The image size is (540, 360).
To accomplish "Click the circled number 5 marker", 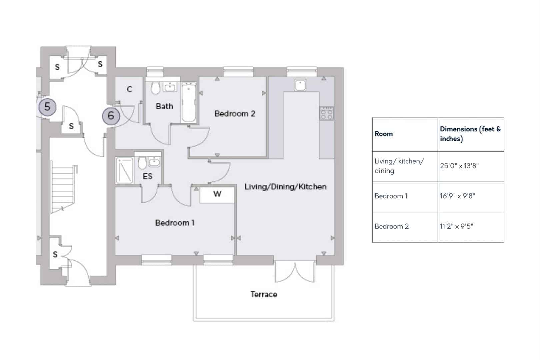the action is (x=47, y=107).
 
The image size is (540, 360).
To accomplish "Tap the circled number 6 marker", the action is (x=111, y=116).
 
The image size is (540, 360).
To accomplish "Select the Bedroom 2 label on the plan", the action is (x=235, y=114).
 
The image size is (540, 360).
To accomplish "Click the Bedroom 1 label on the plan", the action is (x=175, y=223).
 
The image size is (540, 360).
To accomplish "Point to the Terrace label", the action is (x=264, y=294).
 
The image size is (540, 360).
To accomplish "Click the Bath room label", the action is (x=164, y=106).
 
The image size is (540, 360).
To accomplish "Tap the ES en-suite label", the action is (x=148, y=176).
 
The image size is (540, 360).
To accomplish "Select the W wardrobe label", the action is (x=217, y=194).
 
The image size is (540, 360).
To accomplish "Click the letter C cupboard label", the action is (x=129, y=89).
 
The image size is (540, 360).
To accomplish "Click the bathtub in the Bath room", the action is (x=189, y=102).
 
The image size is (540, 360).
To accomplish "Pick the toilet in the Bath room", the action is (x=155, y=88).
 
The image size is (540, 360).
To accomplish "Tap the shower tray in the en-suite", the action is (x=124, y=170).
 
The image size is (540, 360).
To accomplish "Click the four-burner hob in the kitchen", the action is (x=327, y=113).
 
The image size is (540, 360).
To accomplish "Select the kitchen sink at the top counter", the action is (x=300, y=85).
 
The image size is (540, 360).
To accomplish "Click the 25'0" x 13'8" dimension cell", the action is (x=471, y=166).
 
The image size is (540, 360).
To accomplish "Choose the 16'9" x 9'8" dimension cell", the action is (x=471, y=197).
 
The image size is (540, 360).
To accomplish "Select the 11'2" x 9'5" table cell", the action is (x=471, y=227).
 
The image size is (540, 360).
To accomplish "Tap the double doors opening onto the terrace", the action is (x=295, y=272).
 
